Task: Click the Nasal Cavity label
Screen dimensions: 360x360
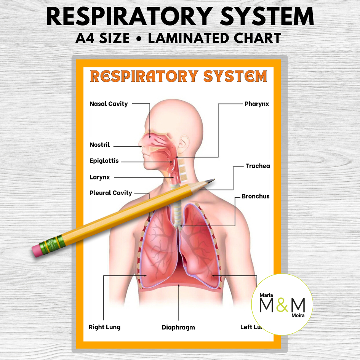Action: [109, 104]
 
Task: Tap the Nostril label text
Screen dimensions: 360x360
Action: [99, 145]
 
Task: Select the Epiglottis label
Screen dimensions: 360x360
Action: [104, 161]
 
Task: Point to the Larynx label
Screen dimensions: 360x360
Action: [99, 177]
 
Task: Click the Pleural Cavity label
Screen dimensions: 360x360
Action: [110, 193]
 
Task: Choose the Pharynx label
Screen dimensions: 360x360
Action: [257, 104]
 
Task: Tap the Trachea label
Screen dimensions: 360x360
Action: [258, 166]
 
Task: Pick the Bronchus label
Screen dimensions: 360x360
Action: [256, 196]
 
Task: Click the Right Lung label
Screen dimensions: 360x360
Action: [104, 327]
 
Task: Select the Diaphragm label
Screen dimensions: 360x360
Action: [178, 327]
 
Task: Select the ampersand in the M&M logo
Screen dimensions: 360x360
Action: [283, 305]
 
